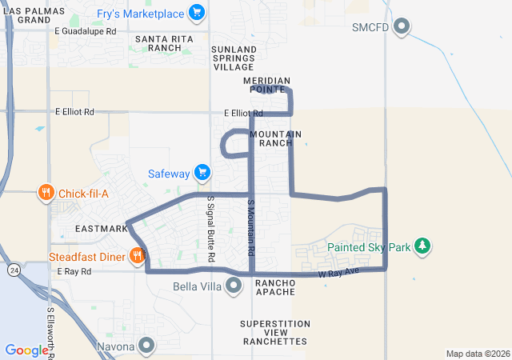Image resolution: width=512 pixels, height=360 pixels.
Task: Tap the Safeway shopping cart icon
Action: (x=202, y=173)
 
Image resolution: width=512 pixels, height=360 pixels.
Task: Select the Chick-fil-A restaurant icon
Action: (x=46, y=193)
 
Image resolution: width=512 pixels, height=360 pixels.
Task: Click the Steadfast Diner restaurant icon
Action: (x=138, y=256)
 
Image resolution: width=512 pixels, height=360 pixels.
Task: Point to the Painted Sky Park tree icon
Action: (x=422, y=246)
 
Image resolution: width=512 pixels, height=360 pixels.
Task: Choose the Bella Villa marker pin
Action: (x=234, y=285)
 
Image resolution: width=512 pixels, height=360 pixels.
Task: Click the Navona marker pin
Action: (x=146, y=346)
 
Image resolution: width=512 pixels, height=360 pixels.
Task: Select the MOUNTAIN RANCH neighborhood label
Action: (x=275, y=138)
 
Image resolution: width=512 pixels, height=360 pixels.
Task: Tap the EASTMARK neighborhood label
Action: (x=101, y=229)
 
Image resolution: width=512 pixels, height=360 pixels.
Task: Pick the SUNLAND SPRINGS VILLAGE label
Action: (x=234, y=58)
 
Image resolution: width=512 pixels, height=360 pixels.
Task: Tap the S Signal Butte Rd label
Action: (x=211, y=230)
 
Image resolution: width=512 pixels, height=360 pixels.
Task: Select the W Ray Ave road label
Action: (x=340, y=274)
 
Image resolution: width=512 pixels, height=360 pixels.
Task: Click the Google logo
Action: (x=26, y=350)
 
